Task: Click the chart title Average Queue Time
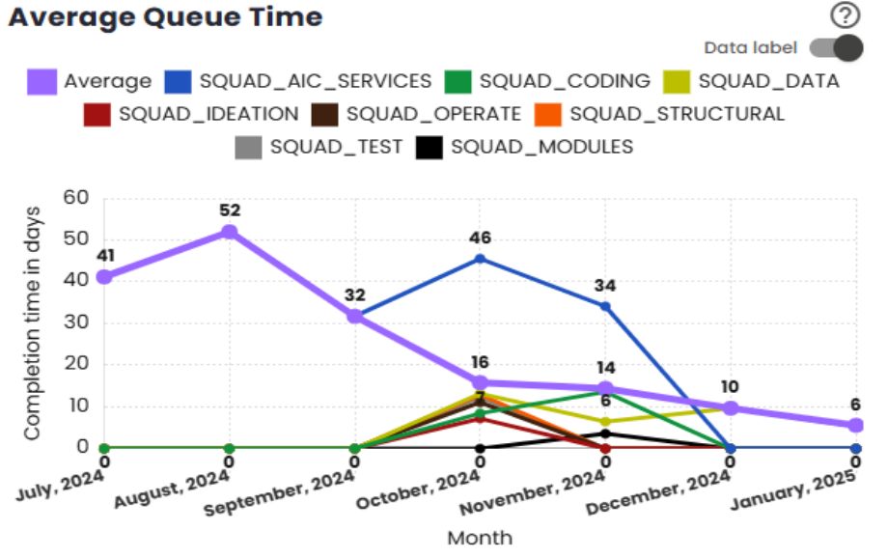pos(165,17)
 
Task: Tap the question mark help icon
pos(845,15)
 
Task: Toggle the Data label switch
pos(836,47)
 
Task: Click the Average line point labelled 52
pos(229,232)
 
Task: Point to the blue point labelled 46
pos(480,259)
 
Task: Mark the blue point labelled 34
pos(605,307)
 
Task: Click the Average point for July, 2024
pos(104,277)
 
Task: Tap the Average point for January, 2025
pos(855,425)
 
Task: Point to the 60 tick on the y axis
pos(76,198)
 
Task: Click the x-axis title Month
pos(480,538)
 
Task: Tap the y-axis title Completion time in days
pos(34,323)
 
